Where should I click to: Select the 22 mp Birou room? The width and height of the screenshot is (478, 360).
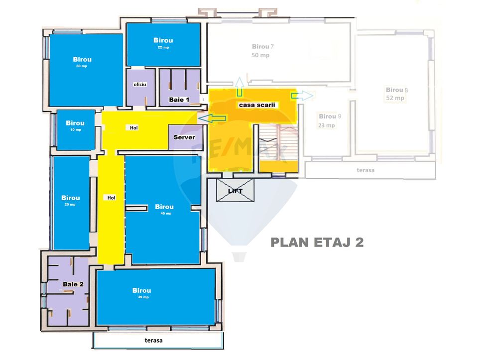point(163,44)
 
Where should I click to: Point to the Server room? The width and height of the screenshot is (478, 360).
point(184,137)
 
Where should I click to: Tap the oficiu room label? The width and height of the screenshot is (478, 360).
point(140,85)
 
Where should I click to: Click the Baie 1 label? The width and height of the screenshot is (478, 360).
point(179,100)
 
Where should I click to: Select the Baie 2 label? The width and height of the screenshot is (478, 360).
point(73,284)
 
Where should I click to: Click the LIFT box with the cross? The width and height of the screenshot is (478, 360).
point(235,190)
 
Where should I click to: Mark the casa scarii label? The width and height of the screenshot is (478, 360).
point(257,105)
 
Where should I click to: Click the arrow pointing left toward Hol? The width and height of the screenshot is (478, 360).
point(212,118)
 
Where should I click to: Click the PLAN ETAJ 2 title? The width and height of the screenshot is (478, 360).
point(317,242)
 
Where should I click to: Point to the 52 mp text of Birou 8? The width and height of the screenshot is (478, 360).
point(395,98)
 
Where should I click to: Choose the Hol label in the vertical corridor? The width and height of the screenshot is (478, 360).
point(112,198)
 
